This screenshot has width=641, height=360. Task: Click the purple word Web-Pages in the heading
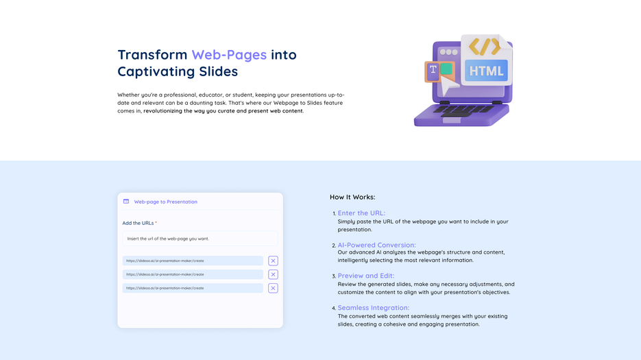(x=229, y=55)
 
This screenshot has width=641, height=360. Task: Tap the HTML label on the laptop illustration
(x=486, y=71)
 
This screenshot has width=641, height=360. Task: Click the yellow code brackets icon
(x=485, y=47)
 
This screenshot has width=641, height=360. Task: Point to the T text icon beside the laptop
(x=433, y=70)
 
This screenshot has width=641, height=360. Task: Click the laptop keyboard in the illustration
(x=463, y=109)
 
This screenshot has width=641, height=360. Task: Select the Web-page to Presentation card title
(x=165, y=202)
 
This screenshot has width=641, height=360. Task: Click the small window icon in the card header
(x=126, y=202)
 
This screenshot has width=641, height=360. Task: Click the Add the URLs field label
(x=139, y=223)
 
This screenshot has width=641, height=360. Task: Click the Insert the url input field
(x=200, y=239)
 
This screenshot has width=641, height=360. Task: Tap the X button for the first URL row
(x=273, y=261)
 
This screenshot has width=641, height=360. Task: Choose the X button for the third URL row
(x=273, y=288)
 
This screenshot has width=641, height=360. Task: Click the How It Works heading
(x=352, y=197)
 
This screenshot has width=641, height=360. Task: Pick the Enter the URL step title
(x=361, y=213)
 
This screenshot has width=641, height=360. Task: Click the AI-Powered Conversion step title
(x=376, y=245)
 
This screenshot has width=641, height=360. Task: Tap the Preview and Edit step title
(x=365, y=276)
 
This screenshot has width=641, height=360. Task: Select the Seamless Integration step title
(x=373, y=308)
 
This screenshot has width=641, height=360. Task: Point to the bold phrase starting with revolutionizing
(x=223, y=111)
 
